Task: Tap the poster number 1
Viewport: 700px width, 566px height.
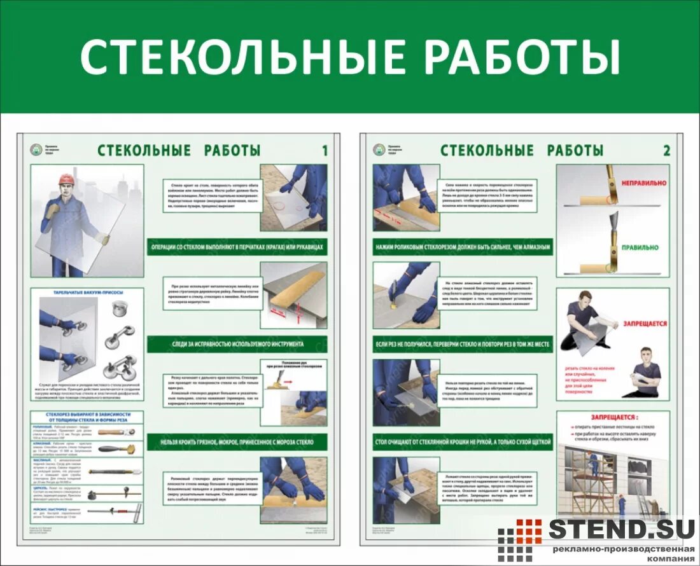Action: tap(325, 151)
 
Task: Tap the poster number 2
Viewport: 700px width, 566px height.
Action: tap(666, 151)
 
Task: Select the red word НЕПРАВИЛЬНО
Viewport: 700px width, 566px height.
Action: tap(641, 181)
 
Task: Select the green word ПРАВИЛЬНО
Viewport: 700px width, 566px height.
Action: tap(641, 247)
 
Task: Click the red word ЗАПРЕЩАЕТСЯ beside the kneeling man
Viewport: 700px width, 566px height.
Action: tap(645, 324)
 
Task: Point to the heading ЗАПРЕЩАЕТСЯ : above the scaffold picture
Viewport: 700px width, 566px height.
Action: tap(613, 418)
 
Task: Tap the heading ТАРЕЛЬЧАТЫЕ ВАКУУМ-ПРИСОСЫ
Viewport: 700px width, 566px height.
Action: tap(87, 293)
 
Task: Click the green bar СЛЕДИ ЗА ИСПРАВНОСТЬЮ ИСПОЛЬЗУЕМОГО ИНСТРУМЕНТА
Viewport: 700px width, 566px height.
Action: tap(237, 344)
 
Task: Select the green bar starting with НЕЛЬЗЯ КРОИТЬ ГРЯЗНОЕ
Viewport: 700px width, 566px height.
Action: tap(237, 441)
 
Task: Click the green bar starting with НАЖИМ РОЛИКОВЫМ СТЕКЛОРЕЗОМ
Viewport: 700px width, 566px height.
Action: tap(463, 246)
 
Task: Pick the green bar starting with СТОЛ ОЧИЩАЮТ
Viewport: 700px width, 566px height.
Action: tap(463, 441)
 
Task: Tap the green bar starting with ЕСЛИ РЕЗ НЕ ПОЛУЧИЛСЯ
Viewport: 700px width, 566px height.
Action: tap(463, 344)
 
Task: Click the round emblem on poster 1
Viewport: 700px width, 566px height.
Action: tap(37, 150)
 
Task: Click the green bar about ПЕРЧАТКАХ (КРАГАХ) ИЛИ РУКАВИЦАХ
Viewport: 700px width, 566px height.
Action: tap(237, 247)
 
